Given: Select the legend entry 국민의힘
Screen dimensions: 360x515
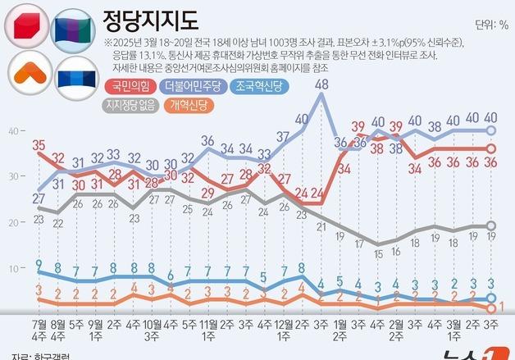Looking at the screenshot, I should pos(130,85).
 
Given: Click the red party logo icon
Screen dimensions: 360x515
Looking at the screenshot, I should pos(27,26).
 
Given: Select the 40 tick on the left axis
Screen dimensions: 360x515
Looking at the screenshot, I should pos(13,130).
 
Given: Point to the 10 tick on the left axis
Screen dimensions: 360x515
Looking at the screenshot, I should pos(13,268).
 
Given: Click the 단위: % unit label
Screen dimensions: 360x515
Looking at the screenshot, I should pos(491,24).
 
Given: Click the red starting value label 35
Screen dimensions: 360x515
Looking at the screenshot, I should pos(39,146).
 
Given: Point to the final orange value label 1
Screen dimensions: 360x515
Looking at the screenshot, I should pos(500,307).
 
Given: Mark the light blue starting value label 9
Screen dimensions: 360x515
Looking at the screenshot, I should pos(39,263).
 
